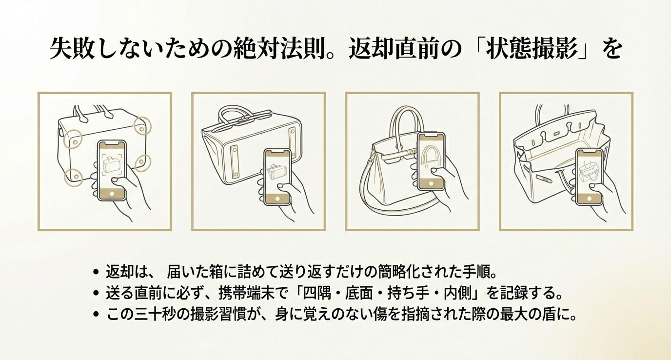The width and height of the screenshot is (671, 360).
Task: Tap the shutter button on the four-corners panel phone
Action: click(112, 193)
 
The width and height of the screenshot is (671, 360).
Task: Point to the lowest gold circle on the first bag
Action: click(73, 176)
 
